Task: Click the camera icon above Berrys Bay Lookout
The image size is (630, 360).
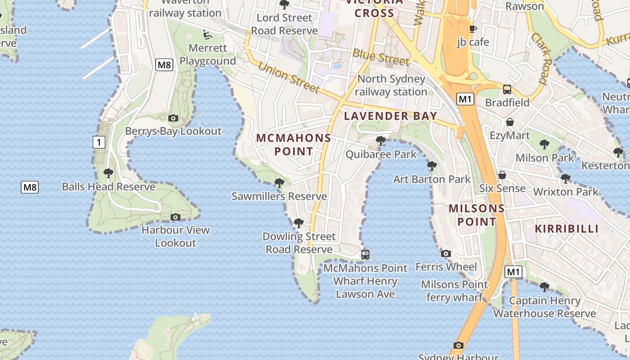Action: (173, 118)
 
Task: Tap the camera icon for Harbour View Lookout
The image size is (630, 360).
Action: (175, 217)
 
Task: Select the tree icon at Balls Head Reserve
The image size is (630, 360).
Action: (108, 173)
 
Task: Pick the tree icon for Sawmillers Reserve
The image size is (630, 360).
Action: (279, 183)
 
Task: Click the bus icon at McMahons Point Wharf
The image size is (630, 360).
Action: (365, 255)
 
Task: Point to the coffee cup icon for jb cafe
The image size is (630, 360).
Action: (472, 29)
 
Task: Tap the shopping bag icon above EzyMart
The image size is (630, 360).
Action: (510, 122)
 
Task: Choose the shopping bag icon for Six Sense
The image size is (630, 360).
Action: (502, 175)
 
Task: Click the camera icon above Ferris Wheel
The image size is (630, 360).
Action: (446, 254)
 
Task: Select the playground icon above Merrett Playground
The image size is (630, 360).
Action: (207, 34)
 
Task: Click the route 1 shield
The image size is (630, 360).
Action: (99, 143)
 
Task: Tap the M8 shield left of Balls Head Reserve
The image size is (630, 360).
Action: (30, 187)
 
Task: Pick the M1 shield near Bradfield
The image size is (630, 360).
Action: (465, 99)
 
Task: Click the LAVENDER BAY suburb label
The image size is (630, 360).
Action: (391, 116)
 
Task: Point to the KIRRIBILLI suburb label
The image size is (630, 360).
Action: (567, 229)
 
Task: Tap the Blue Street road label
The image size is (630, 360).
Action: (381, 57)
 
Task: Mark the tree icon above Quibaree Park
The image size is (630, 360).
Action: (381, 141)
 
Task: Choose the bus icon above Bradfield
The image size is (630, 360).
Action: (507, 90)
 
